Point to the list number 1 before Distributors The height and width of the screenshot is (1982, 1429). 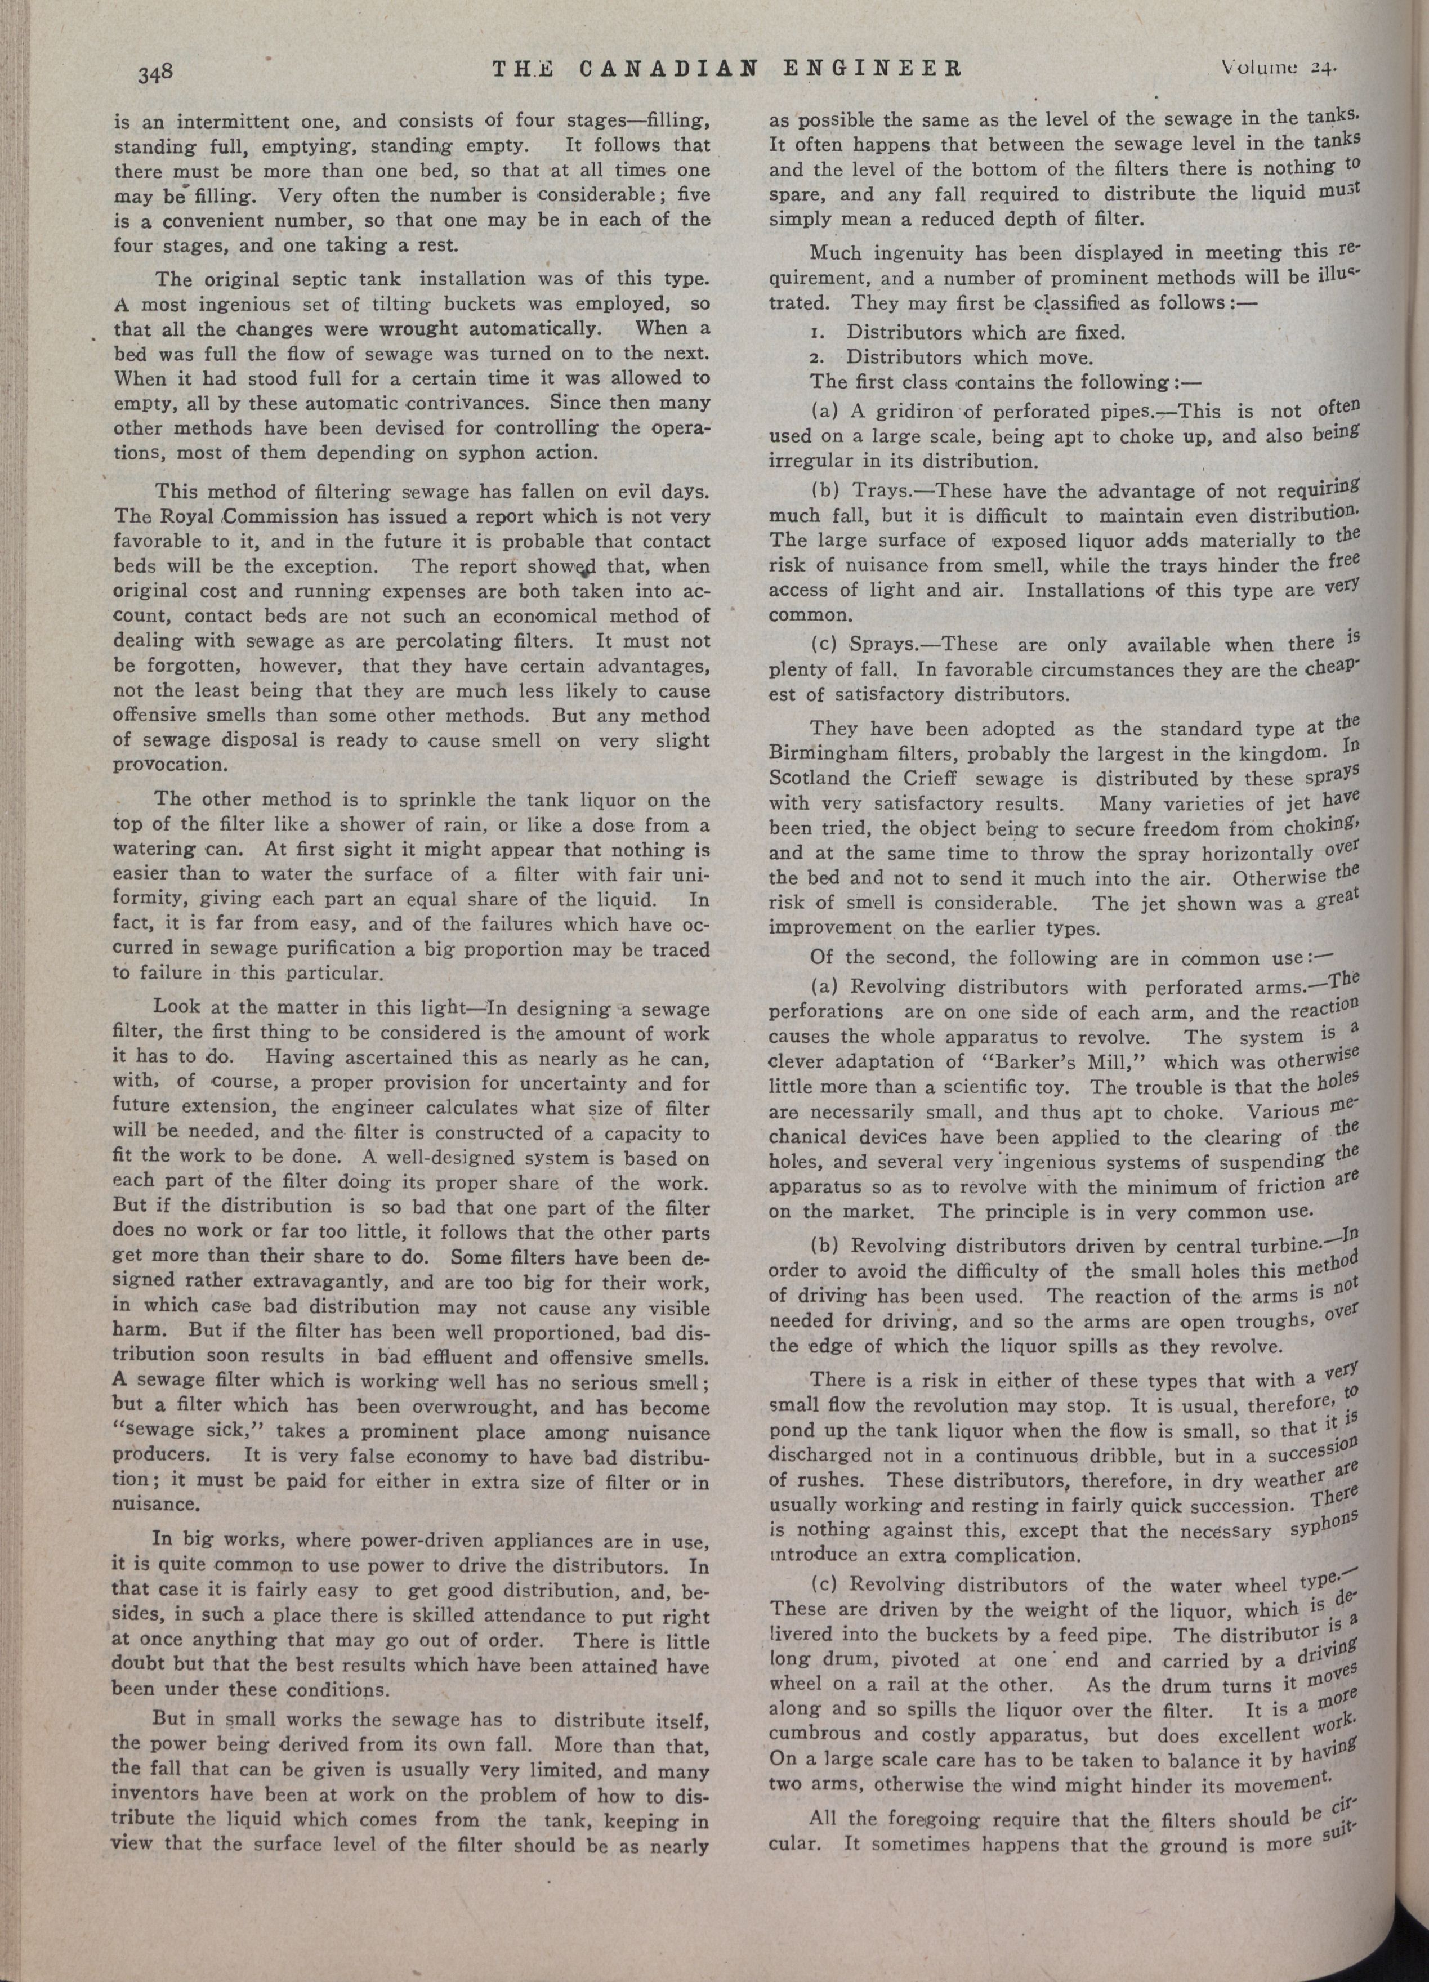tap(815, 333)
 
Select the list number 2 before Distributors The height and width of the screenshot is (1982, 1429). tap(815, 358)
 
